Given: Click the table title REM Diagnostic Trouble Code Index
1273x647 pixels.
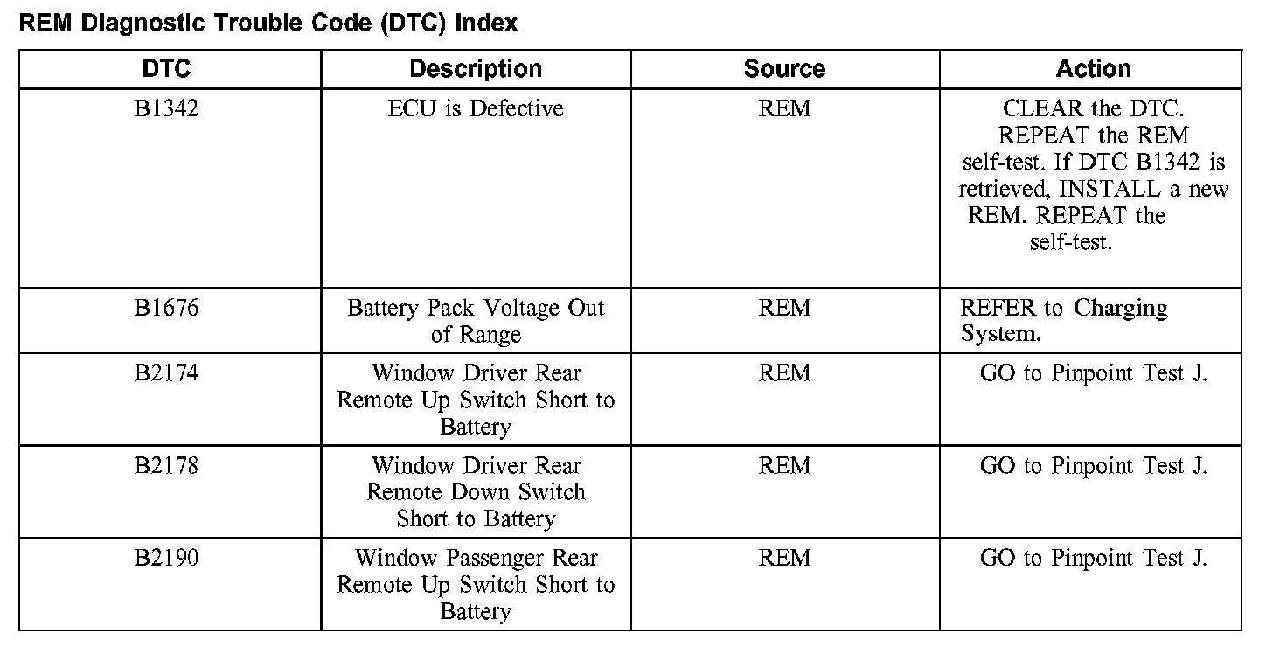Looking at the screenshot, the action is point(268,24).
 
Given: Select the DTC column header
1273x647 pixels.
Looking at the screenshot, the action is point(166,69).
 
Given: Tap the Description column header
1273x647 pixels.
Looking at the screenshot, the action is point(476,69).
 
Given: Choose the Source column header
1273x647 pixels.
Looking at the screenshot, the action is point(784,69).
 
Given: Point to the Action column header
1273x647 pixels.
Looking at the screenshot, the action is point(1093,69).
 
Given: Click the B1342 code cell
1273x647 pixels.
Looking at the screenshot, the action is point(166,109).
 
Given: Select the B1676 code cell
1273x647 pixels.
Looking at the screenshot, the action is point(166,309).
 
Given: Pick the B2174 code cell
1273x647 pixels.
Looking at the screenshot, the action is point(166,373).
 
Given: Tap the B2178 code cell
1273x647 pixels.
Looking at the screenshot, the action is point(166,466).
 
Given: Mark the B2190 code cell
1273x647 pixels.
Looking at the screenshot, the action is point(166,558).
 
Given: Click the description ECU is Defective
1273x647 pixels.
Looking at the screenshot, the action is point(476,109).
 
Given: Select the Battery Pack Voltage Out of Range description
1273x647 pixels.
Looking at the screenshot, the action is point(476,321).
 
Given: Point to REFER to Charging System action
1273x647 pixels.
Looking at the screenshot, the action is point(1064,321).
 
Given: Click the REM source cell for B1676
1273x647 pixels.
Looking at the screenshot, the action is point(784,309).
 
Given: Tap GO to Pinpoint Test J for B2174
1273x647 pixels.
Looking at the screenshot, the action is point(1093,373).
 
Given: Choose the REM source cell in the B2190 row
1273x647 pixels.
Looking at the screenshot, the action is point(784,558).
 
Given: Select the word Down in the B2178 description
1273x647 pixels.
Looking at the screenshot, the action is point(477,492).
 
